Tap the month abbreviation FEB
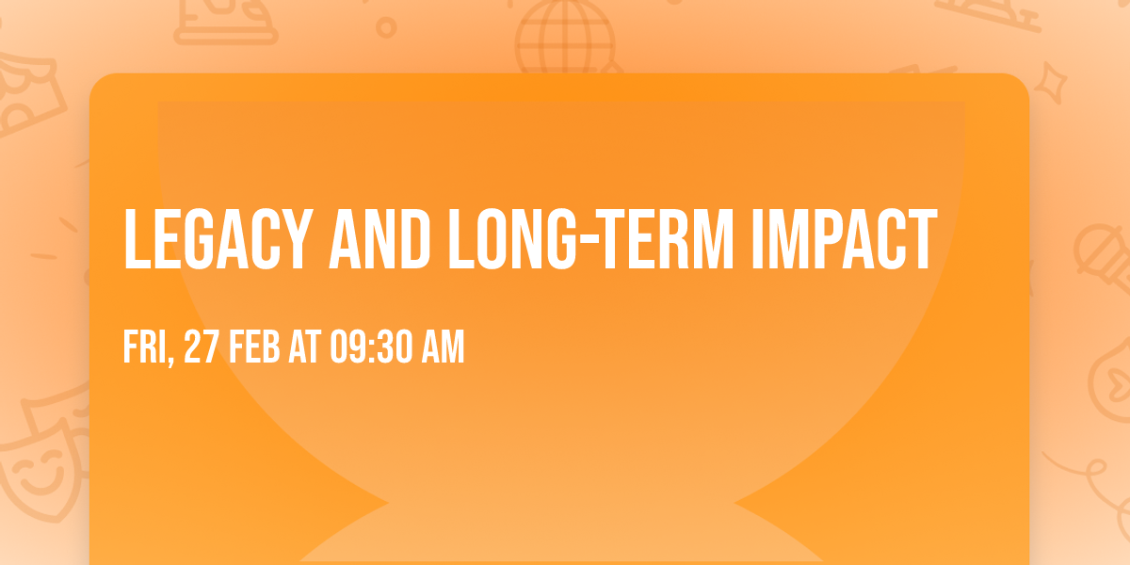(x=253, y=349)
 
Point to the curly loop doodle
(x=1092, y=471)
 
